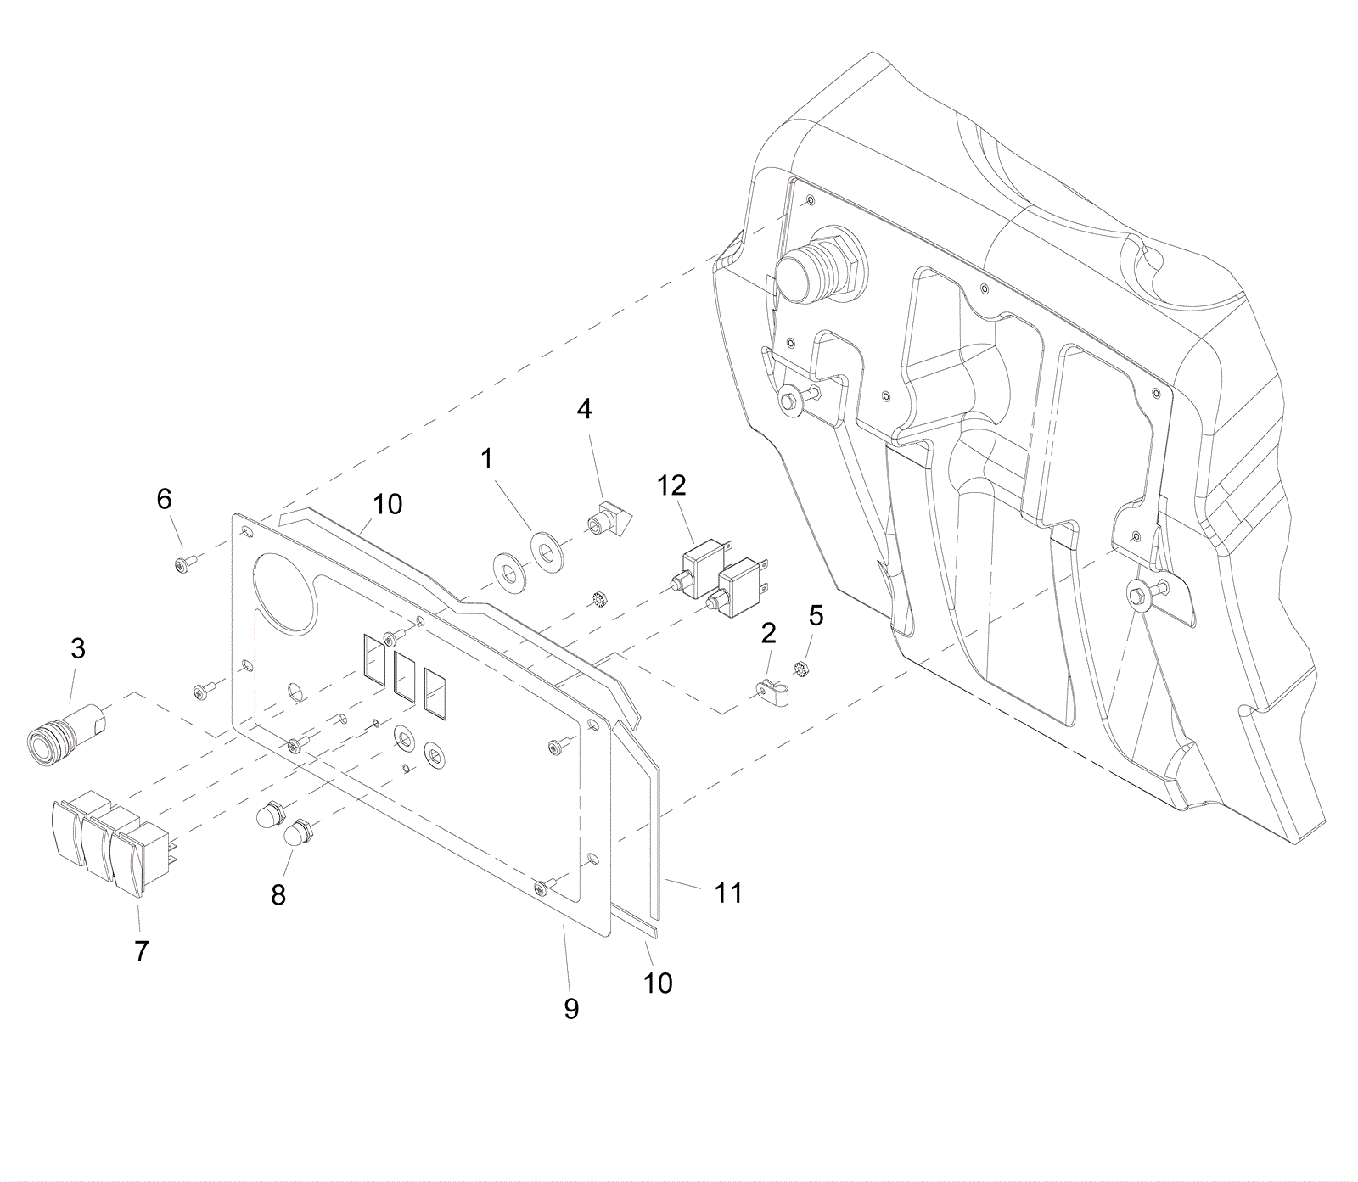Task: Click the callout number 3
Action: point(77,650)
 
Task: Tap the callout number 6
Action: point(164,499)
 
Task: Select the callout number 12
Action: point(671,485)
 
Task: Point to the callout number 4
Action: point(584,409)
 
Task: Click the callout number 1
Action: point(486,459)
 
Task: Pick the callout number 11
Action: point(728,893)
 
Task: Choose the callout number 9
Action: point(571,1008)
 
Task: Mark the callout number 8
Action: point(278,894)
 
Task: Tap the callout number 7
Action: point(141,952)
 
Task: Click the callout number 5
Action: point(816,614)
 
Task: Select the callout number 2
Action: point(769,633)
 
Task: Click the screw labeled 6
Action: point(185,563)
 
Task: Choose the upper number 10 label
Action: point(387,504)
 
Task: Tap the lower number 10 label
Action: point(658,983)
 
